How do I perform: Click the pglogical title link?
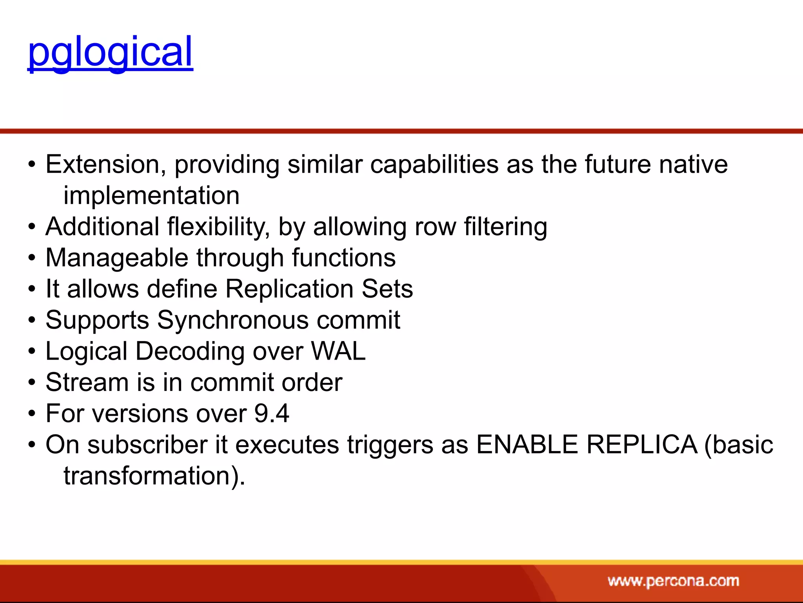(110, 52)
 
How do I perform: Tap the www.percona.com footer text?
(673, 581)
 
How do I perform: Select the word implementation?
(151, 196)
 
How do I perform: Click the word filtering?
(505, 227)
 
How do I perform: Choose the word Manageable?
(117, 258)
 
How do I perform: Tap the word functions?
(343, 258)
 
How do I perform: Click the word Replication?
(289, 289)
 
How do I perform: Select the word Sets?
(387, 289)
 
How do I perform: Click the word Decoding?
(190, 351)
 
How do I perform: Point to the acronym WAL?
(338, 351)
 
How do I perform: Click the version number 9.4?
(271, 413)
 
